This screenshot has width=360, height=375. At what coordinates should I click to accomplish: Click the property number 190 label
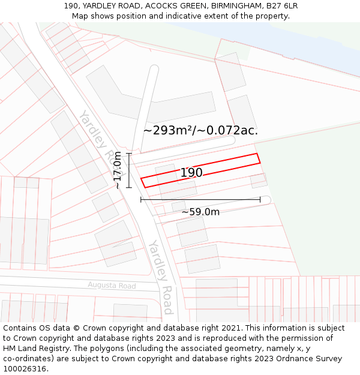coord(191,173)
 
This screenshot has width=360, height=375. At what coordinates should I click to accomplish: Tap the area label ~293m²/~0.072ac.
coord(200,130)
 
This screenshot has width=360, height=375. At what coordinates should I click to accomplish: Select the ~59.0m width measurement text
coord(200,212)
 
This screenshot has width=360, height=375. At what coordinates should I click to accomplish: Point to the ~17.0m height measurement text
coord(118,170)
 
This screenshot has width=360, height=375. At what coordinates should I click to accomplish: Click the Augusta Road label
coord(112,286)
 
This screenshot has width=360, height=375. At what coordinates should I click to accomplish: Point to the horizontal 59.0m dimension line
coord(200,199)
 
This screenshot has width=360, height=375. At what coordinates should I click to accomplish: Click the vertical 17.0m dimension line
coord(129,170)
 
